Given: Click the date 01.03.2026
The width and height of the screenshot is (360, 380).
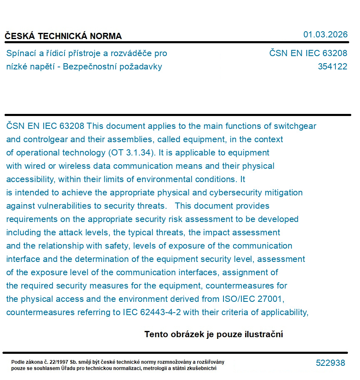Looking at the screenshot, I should click(x=325, y=35).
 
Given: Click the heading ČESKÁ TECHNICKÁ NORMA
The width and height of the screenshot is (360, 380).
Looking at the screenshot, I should click(x=63, y=36).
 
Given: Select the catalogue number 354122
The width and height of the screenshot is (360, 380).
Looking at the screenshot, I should click(x=332, y=67).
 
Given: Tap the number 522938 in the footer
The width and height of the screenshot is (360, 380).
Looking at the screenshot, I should click(x=330, y=363).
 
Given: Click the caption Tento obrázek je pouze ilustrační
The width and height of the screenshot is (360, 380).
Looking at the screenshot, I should click(x=214, y=334).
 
